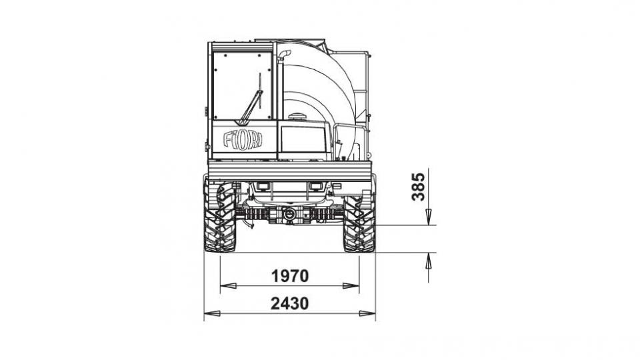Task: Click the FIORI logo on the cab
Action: click(243, 139)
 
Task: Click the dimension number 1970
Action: click(290, 276)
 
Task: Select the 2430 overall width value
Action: click(290, 304)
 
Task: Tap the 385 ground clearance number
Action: click(419, 187)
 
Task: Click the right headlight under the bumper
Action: click(316, 186)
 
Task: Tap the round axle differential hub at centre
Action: click(289, 213)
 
